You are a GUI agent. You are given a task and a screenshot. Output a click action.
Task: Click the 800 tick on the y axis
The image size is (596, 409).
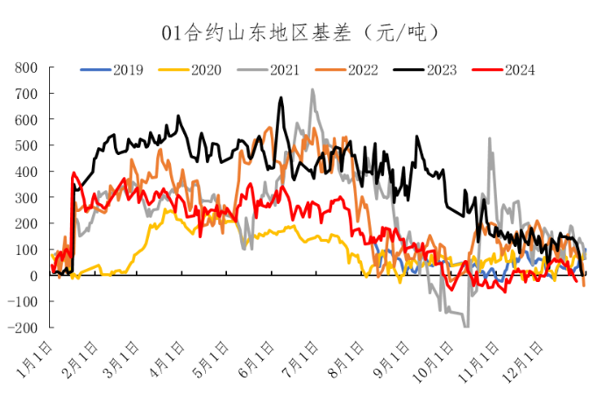point(27,67)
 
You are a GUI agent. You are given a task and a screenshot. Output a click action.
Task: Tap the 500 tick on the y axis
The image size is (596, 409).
point(27,145)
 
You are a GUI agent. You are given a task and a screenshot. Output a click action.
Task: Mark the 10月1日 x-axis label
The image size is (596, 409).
point(439,359)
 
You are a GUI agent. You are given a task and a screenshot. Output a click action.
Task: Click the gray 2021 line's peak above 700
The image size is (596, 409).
point(312,89)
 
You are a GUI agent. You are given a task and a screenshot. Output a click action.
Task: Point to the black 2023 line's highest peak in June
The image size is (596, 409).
point(281,98)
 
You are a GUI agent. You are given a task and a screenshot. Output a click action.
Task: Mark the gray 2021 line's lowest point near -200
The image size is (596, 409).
point(465,327)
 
